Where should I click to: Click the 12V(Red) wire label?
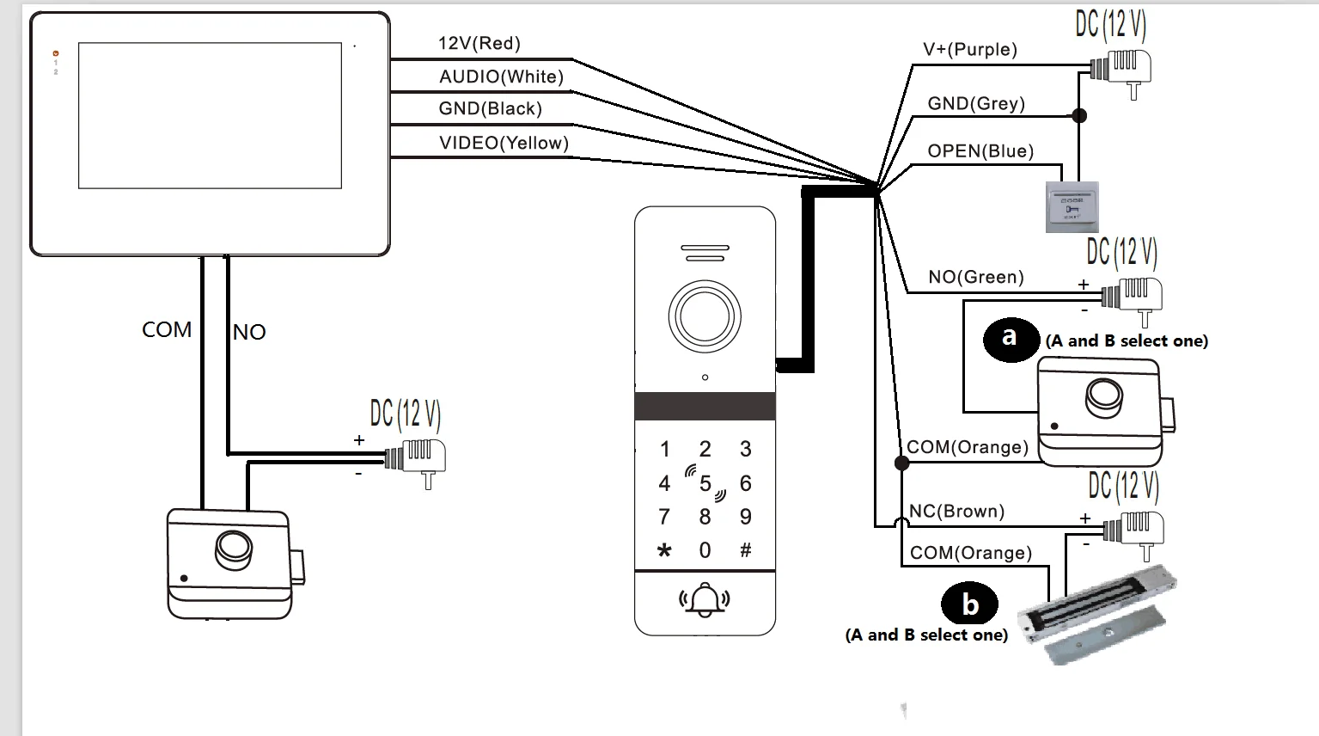click(x=479, y=44)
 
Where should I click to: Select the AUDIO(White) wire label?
click(x=501, y=77)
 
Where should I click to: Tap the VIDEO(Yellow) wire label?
click(x=504, y=143)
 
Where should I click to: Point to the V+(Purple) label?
click(x=969, y=50)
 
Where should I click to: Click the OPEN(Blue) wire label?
click(x=980, y=151)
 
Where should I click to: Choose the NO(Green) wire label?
click(x=975, y=277)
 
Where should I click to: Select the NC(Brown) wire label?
click(x=956, y=511)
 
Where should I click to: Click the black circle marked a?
click(x=1011, y=337)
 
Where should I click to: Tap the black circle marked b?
click(x=970, y=604)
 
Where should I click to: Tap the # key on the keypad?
click(x=745, y=550)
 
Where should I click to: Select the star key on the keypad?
click(x=664, y=550)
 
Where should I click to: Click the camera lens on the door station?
click(x=705, y=316)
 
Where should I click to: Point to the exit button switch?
click(x=1072, y=207)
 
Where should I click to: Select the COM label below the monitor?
click(x=167, y=330)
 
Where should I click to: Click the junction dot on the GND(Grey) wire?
click(x=1080, y=115)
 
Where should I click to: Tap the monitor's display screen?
click(x=210, y=115)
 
